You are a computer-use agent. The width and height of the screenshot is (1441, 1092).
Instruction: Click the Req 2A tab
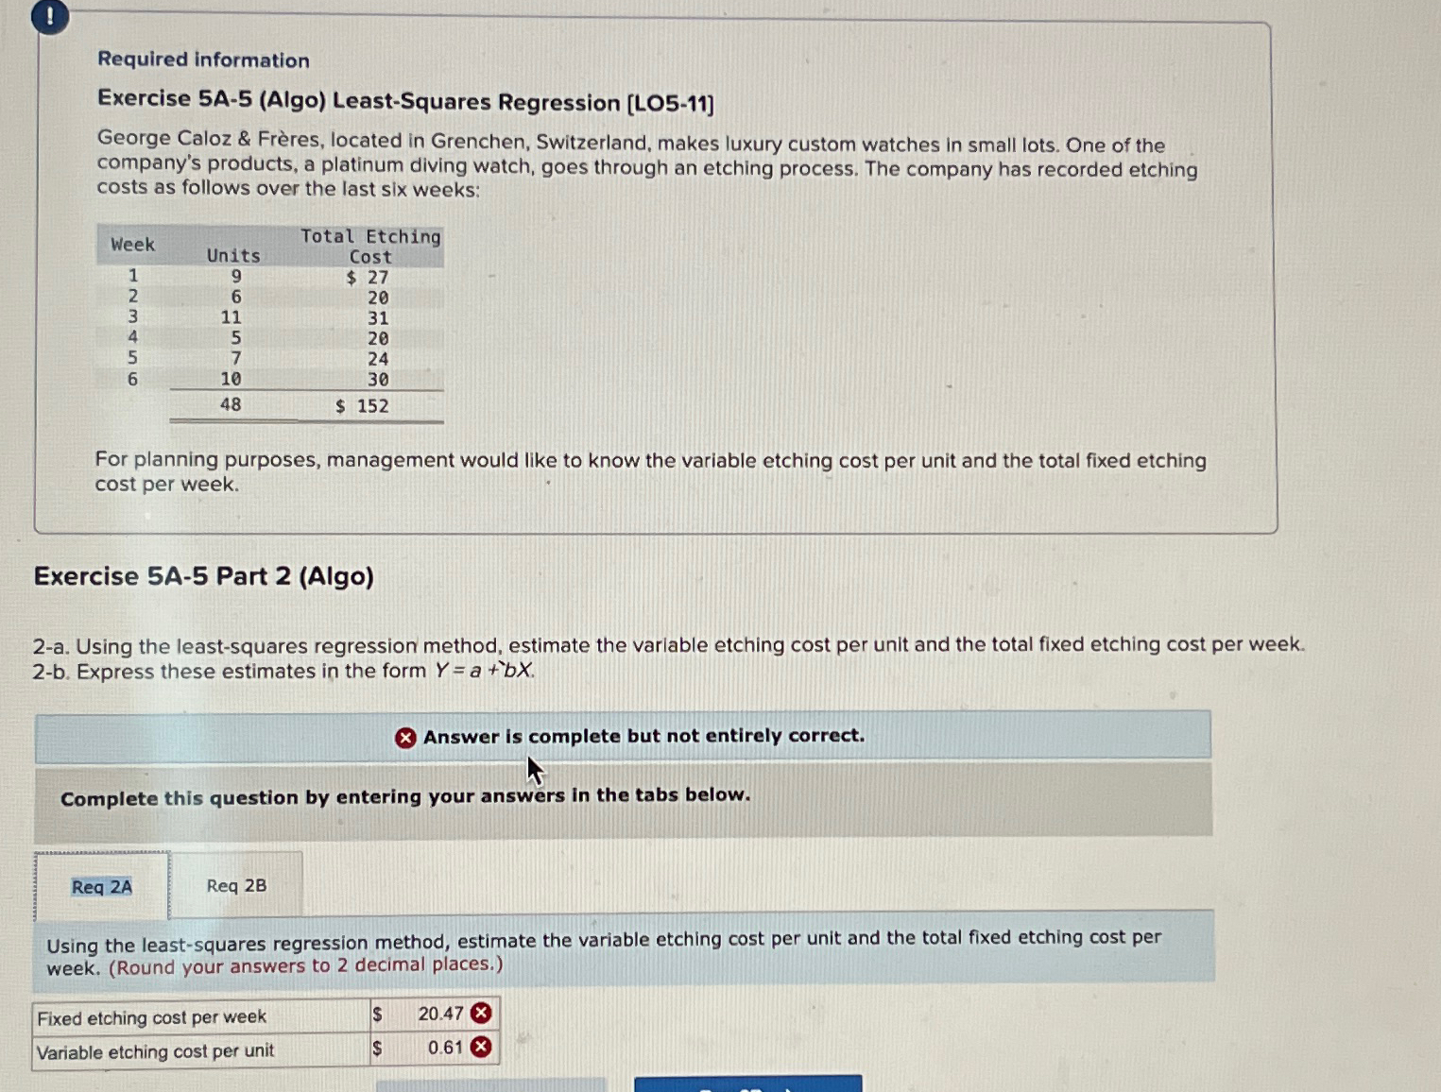click(x=102, y=886)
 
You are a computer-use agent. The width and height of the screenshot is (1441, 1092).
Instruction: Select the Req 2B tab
click(x=236, y=885)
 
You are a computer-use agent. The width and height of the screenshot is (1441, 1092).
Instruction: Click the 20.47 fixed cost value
click(x=440, y=1014)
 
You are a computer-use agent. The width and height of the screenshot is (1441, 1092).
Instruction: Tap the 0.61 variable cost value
click(x=445, y=1048)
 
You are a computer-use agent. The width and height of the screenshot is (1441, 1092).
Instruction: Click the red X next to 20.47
click(x=481, y=1014)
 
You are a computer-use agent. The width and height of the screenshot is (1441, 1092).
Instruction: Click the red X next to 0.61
click(x=481, y=1047)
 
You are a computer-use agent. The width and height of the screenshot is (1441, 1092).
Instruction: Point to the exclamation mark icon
click(x=49, y=16)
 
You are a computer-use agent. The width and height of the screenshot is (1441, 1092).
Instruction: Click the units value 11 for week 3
click(x=232, y=317)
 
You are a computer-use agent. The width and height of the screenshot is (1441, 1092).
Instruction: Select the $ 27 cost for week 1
click(x=368, y=278)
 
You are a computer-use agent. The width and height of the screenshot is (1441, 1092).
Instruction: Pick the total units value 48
click(x=231, y=404)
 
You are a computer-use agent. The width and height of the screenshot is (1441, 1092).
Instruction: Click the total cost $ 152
click(x=363, y=406)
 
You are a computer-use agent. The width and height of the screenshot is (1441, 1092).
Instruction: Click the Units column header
click(x=233, y=255)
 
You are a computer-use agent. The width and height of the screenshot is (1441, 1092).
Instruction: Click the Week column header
click(x=132, y=245)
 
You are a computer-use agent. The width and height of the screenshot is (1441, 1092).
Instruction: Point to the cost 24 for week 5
click(x=378, y=359)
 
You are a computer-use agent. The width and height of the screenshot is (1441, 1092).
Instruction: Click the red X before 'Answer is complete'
click(x=405, y=738)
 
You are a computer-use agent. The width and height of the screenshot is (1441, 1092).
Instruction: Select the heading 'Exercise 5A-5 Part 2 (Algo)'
click(x=204, y=576)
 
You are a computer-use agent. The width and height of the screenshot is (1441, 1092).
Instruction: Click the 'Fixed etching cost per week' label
click(x=152, y=1017)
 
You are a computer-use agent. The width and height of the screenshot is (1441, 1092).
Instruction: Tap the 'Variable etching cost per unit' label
click(x=156, y=1050)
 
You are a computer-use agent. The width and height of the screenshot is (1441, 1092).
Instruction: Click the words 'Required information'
click(x=203, y=60)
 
